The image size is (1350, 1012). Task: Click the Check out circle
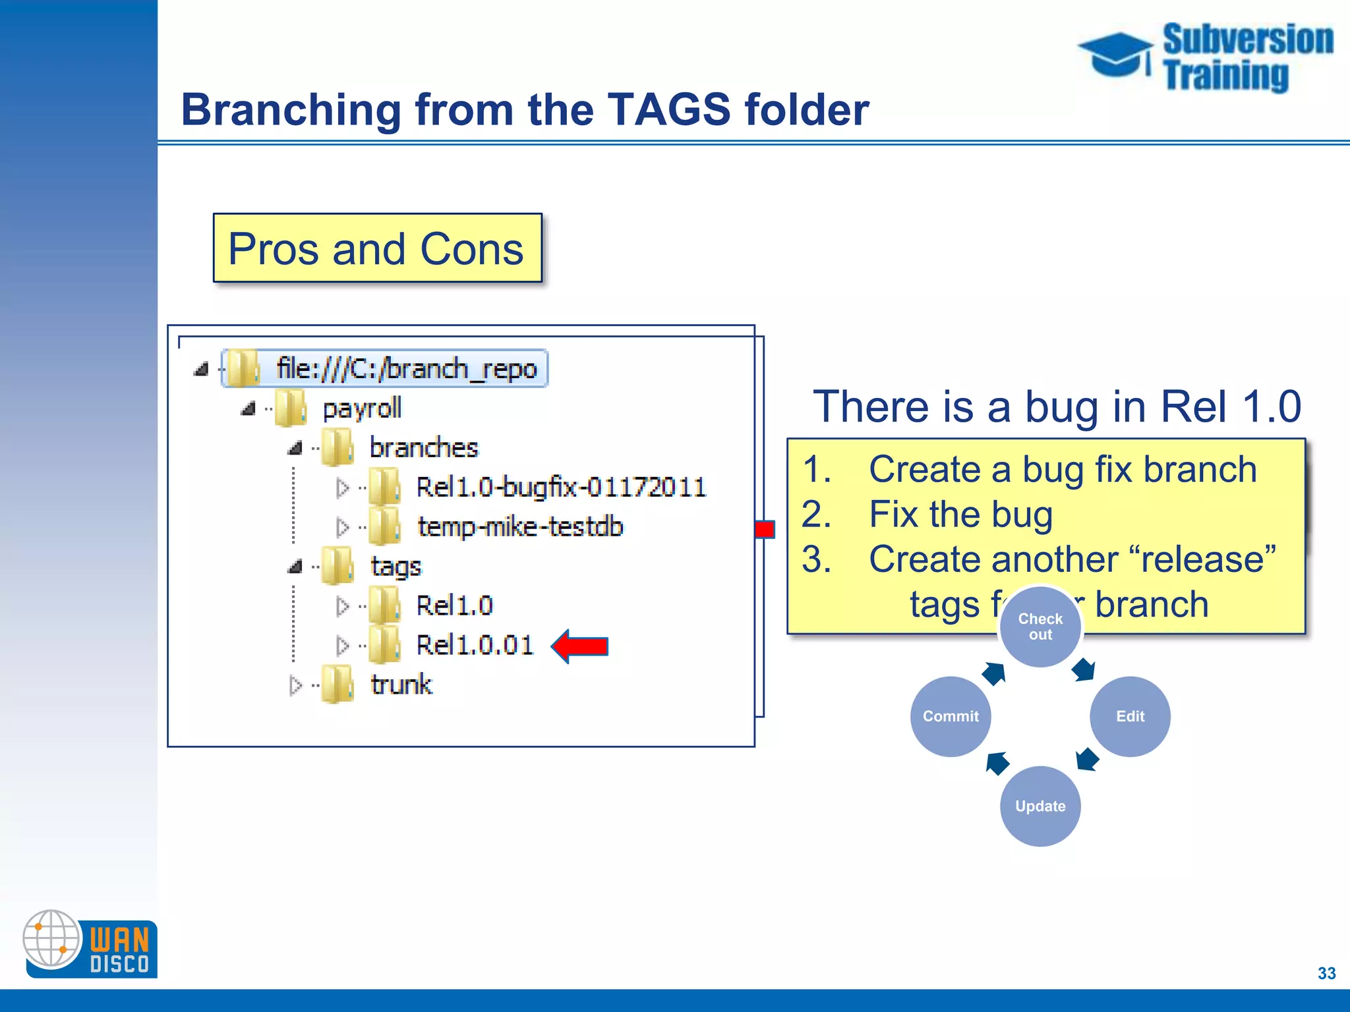tap(1040, 627)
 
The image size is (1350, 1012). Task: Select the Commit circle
tap(951, 716)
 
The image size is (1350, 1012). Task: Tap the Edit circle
tap(1130, 716)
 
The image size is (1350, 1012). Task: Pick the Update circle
tap(1040, 806)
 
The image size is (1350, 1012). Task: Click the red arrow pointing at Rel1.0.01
tap(580, 646)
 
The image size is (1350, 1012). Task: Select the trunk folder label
tap(401, 685)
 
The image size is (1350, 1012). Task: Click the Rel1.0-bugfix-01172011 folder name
tap(560, 488)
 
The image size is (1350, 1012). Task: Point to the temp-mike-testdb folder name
tap(519, 527)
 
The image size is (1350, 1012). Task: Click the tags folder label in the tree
tap(396, 567)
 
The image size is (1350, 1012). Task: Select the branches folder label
tap(423, 448)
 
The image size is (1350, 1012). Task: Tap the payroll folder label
tap(361, 408)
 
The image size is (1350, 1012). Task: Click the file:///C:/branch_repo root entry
tap(406, 369)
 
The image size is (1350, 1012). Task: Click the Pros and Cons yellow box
tap(377, 248)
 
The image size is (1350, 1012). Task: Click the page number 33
tap(1326, 973)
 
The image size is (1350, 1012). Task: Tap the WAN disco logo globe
tap(51, 938)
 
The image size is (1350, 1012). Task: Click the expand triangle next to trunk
tap(295, 685)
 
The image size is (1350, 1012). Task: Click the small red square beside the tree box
tap(765, 529)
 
